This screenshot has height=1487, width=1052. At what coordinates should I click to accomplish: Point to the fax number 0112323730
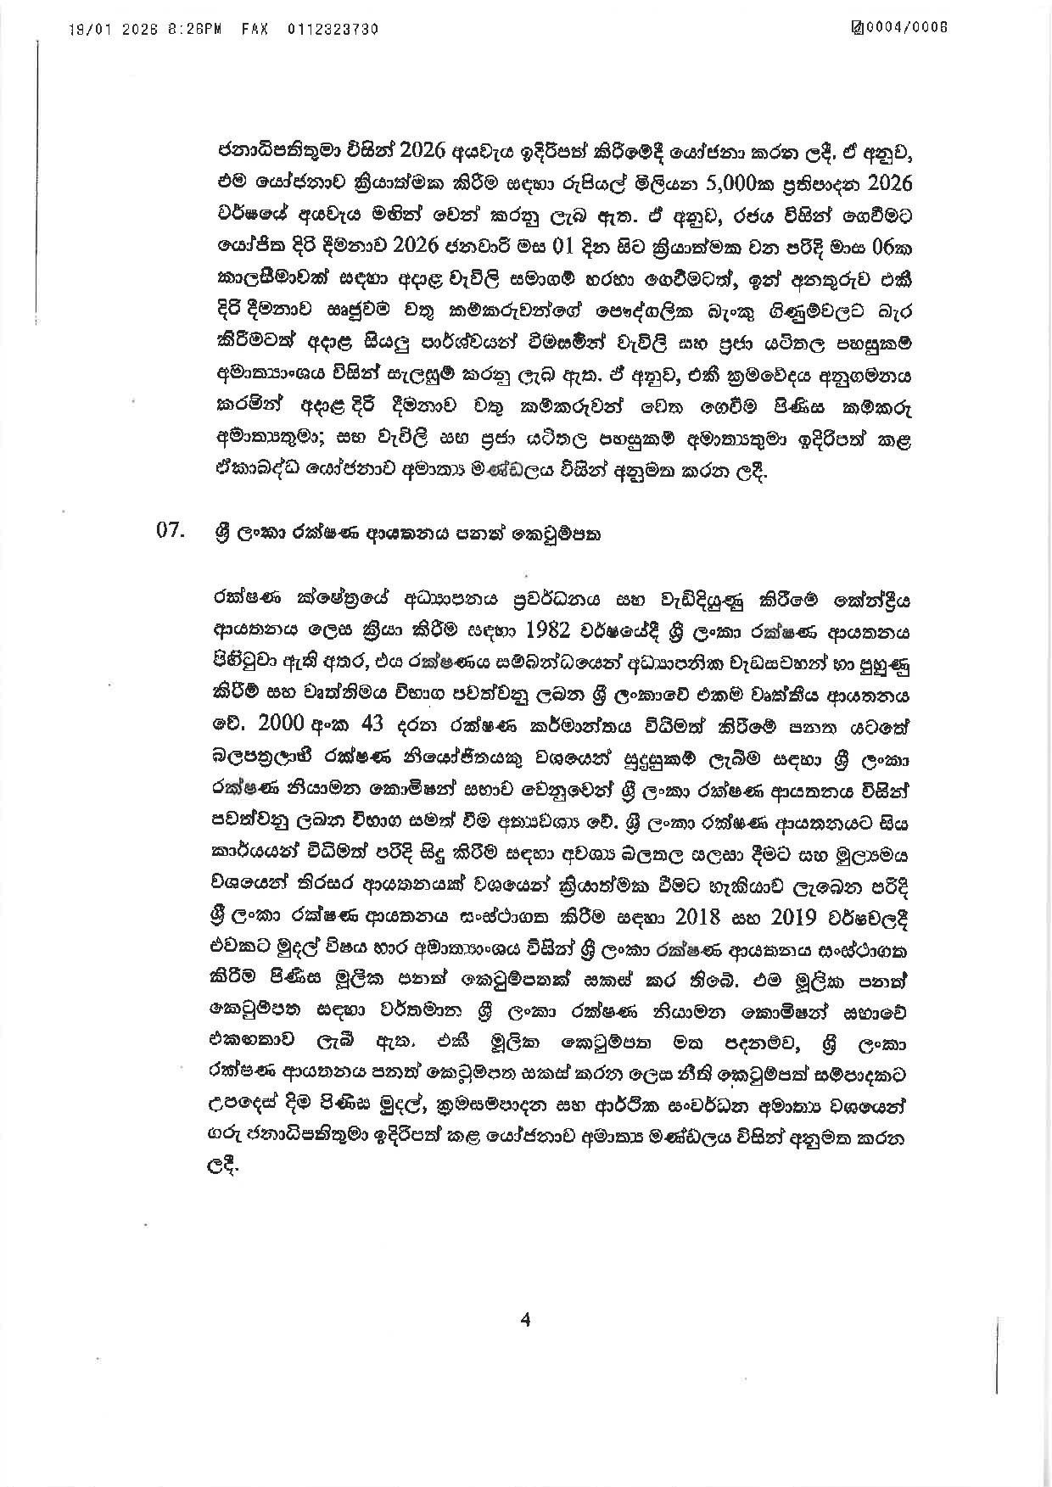pos(332,29)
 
